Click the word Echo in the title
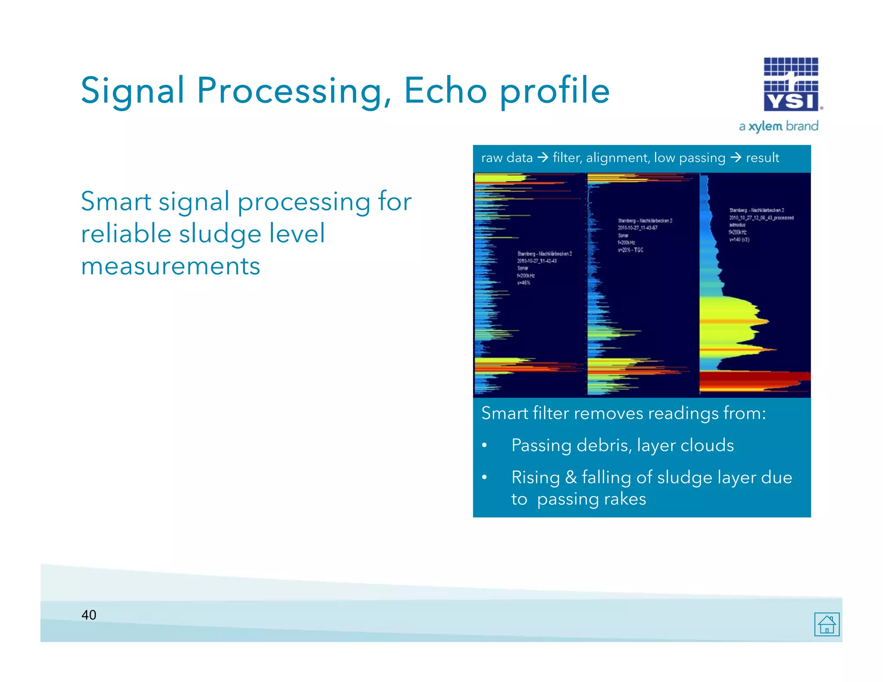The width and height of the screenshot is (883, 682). (445, 91)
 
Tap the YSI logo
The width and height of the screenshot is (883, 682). (791, 84)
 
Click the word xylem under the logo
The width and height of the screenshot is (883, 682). (765, 126)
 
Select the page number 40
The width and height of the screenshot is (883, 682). (89, 615)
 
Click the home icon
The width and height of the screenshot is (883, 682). (827, 624)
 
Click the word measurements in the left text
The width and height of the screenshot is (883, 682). (171, 266)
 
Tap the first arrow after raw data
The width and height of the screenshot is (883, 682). (543, 158)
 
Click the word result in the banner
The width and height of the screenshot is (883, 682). (762, 158)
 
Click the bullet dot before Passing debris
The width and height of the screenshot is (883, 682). (485, 445)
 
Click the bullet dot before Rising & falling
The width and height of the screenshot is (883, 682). (485, 477)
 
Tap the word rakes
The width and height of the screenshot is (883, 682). (625, 499)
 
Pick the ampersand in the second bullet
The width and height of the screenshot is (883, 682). (571, 477)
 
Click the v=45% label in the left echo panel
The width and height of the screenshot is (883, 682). (523, 283)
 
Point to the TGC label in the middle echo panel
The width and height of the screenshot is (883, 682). (638, 250)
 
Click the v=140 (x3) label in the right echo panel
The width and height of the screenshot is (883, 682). (739, 240)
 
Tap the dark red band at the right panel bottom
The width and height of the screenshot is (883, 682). (755, 377)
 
